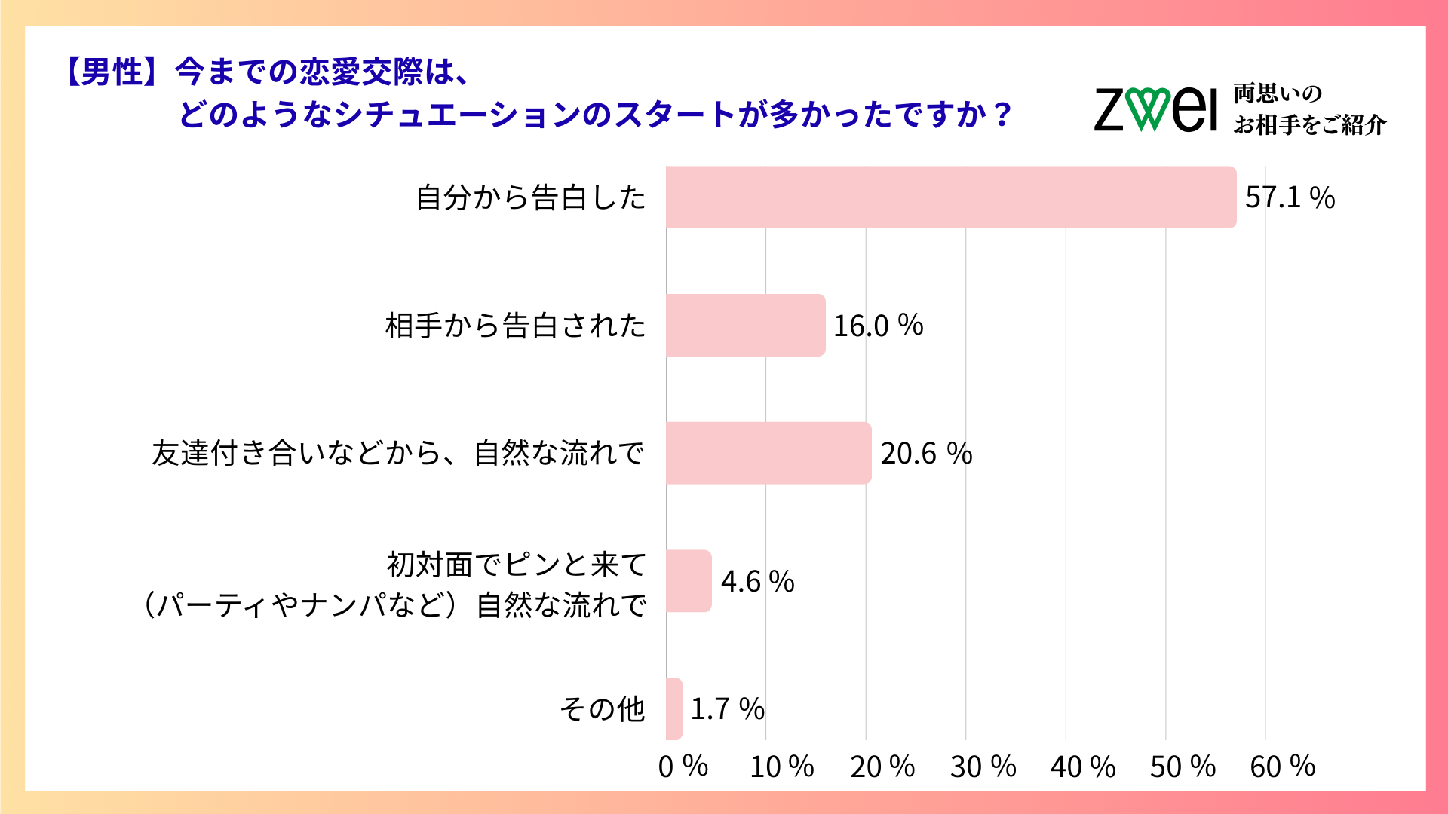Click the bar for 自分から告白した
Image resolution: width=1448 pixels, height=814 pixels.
[950, 197]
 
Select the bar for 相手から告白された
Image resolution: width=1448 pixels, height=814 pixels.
[745, 325]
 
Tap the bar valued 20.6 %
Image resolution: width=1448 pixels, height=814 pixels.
[768, 453]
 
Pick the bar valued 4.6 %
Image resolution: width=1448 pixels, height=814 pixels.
[688, 581]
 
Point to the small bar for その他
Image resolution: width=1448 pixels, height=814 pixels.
[674, 708]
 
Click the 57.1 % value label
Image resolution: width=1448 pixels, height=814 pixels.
[1290, 197]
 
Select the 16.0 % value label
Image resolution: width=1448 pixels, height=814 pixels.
[878, 326]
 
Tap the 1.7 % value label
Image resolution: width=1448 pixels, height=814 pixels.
[727, 709]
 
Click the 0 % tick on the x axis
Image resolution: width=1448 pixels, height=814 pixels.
[683, 767]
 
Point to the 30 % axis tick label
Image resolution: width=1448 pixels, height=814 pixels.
[983, 767]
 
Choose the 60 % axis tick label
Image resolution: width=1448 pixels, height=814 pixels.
[1282, 767]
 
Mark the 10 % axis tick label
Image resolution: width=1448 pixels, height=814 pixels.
[782, 767]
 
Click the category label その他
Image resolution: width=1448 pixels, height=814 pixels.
[602, 709]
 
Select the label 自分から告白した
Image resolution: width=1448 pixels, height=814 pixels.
[531, 197]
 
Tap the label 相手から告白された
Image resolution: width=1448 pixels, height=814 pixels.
[516, 326]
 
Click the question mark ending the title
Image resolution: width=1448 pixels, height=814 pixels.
[1002, 115]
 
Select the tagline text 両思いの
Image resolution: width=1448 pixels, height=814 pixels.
[1278, 94]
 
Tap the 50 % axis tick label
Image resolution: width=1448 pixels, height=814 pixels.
[1183, 767]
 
